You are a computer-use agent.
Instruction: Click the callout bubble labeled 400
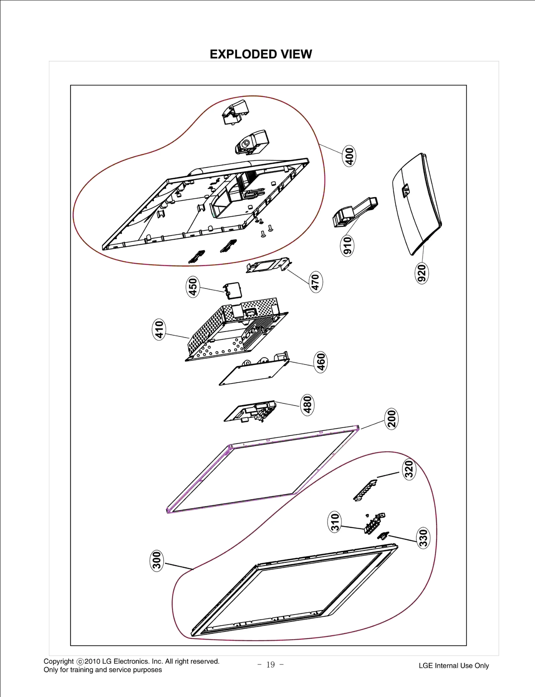click(x=349, y=156)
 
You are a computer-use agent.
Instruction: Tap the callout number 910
click(x=347, y=245)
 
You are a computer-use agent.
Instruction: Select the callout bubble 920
click(x=422, y=273)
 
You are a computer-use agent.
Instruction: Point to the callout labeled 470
click(x=316, y=282)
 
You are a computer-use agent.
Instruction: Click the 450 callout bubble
click(x=193, y=287)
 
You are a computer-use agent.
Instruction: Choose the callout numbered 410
click(x=159, y=329)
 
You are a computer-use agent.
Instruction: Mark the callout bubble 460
click(x=321, y=362)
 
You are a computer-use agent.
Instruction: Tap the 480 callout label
click(x=307, y=405)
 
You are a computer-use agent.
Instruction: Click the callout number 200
click(x=392, y=419)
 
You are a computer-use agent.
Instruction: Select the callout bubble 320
click(x=409, y=469)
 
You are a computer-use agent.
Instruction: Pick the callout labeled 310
click(x=335, y=522)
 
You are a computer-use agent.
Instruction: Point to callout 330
click(x=423, y=538)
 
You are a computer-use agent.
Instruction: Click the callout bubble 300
click(x=156, y=561)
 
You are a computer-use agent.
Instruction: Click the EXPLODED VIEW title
click(x=261, y=54)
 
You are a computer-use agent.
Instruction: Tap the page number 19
click(x=271, y=665)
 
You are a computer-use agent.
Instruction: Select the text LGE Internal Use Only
click(x=454, y=666)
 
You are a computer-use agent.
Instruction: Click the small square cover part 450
click(x=233, y=290)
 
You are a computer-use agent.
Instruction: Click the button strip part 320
click(x=365, y=490)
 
